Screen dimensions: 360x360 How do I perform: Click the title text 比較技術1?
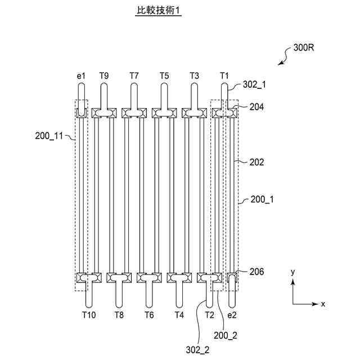coord(158,10)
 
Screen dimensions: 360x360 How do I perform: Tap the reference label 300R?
coord(303,48)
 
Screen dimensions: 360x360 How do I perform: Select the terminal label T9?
coord(104,75)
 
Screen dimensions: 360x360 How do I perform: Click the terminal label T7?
coord(134,75)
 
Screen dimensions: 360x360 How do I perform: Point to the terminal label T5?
coord(164,75)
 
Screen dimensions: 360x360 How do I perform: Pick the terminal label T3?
coord(194,75)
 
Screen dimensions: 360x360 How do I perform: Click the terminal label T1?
coord(224,75)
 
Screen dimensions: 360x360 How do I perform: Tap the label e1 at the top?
coord(80,75)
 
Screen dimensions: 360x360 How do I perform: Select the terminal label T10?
coord(89,315)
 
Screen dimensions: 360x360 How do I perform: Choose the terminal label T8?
coord(119,315)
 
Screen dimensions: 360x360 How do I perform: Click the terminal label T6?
coord(149,315)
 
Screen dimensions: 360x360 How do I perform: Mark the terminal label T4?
coord(179,315)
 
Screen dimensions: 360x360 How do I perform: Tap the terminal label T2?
coord(209,315)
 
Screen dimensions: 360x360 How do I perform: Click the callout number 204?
coord(256,107)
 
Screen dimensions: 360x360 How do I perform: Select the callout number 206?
coord(256,272)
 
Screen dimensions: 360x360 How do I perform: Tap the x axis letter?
coord(323,304)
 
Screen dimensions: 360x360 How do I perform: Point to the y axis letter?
coord(293,272)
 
